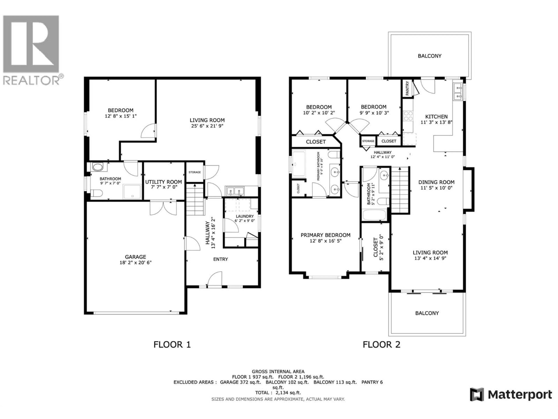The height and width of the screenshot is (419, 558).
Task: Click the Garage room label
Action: [x=135, y=257]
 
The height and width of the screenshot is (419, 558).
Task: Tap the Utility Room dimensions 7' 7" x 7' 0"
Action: [x=163, y=187]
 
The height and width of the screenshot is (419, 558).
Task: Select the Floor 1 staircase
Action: [x=195, y=199]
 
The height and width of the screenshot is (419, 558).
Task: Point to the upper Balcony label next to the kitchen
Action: [x=430, y=56]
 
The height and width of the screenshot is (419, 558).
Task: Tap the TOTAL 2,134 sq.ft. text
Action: [x=278, y=393]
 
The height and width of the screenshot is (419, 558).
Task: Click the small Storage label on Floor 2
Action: [x=368, y=141]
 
